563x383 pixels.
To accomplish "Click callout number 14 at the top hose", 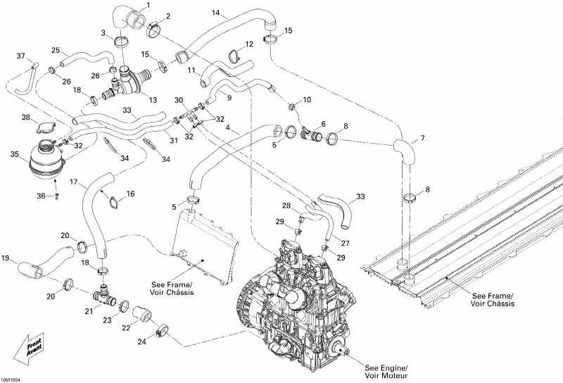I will point(216,13).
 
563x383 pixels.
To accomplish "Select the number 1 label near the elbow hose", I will point(148,6).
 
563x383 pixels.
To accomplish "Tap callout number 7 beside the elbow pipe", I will point(422,137).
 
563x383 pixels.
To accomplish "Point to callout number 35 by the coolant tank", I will point(14,154).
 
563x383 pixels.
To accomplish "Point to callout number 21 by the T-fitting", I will point(89,311).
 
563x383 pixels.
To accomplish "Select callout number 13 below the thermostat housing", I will point(152,100).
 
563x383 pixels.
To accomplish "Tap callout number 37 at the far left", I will point(20,56).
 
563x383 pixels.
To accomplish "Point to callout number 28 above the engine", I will point(286,206).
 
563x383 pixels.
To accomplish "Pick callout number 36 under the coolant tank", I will point(42,196).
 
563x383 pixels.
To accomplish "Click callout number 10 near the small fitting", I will point(306,100).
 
